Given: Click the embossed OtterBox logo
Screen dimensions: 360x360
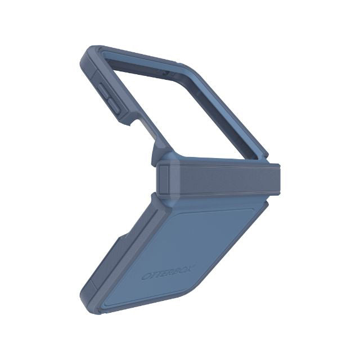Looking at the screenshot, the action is pyautogui.click(x=168, y=272).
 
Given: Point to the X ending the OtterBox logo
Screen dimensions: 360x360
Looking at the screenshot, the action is pyautogui.click(x=191, y=268).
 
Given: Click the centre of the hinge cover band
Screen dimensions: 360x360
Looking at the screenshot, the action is pyautogui.click(x=218, y=178).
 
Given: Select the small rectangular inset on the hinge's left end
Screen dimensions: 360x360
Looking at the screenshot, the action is pyautogui.click(x=164, y=178).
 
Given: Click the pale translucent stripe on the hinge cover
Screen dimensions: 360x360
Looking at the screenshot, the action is pyautogui.click(x=175, y=178).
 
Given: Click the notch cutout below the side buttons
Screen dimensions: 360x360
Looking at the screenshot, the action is pyautogui.click(x=138, y=122).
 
